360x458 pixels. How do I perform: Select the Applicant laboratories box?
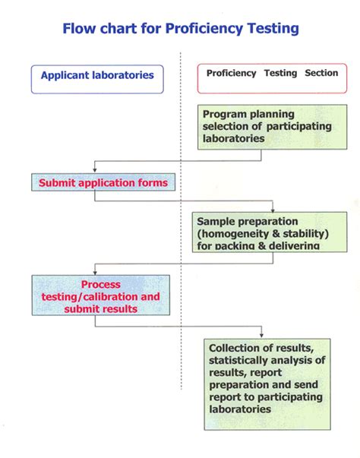[97, 75]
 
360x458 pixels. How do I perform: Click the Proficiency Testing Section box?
[272, 74]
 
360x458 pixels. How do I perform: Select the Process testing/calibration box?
[100, 295]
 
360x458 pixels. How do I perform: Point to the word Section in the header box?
[321, 74]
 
